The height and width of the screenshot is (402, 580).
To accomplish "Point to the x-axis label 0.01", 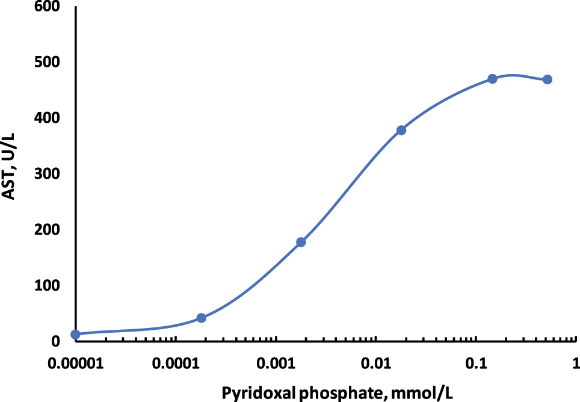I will (375, 364).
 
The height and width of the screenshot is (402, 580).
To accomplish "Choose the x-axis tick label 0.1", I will (476, 364).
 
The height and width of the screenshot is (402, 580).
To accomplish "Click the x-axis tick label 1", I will (576, 364).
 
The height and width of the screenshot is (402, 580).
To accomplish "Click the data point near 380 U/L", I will (401, 130).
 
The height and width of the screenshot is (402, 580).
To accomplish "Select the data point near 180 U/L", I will (301, 242).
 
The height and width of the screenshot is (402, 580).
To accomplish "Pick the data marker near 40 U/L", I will (202, 318).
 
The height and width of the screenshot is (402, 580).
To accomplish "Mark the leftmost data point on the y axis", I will (75, 334).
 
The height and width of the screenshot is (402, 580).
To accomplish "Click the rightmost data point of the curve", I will (548, 79).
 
